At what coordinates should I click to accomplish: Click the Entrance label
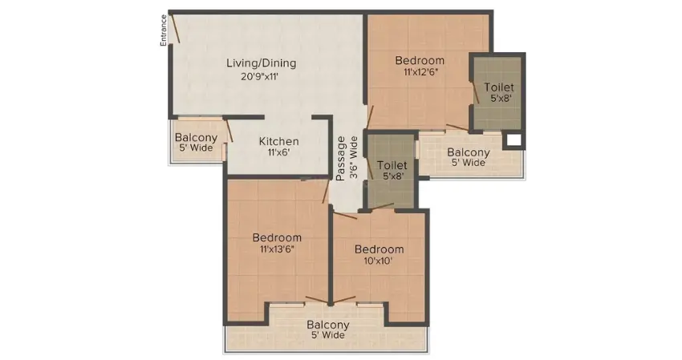[164, 30]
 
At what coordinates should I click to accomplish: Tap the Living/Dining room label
[261, 63]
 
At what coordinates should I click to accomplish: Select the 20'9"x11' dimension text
[260, 77]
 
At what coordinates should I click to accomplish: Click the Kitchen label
[278, 141]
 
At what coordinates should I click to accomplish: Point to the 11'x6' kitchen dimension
[278, 152]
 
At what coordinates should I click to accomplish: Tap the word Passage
[341, 159]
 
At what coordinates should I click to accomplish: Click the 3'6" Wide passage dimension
[354, 157]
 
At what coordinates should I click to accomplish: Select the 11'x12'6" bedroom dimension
[420, 71]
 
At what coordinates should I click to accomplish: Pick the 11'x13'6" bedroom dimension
[277, 249]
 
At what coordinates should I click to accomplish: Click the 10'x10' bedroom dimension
[379, 261]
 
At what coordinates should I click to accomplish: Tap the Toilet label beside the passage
[392, 165]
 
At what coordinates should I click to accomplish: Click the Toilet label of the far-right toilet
[499, 87]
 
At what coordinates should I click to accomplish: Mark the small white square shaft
[514, 140]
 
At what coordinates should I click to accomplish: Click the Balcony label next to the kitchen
[196, 138]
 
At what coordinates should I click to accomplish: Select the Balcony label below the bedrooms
[328, 325]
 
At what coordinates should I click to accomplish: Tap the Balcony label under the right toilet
[469, 152]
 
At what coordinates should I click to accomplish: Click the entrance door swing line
[175, 28]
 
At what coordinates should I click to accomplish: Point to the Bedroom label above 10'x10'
[380, 249]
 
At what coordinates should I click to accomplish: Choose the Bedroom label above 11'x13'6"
[277, 237]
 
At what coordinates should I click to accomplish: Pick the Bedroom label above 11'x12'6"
[420, 60]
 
